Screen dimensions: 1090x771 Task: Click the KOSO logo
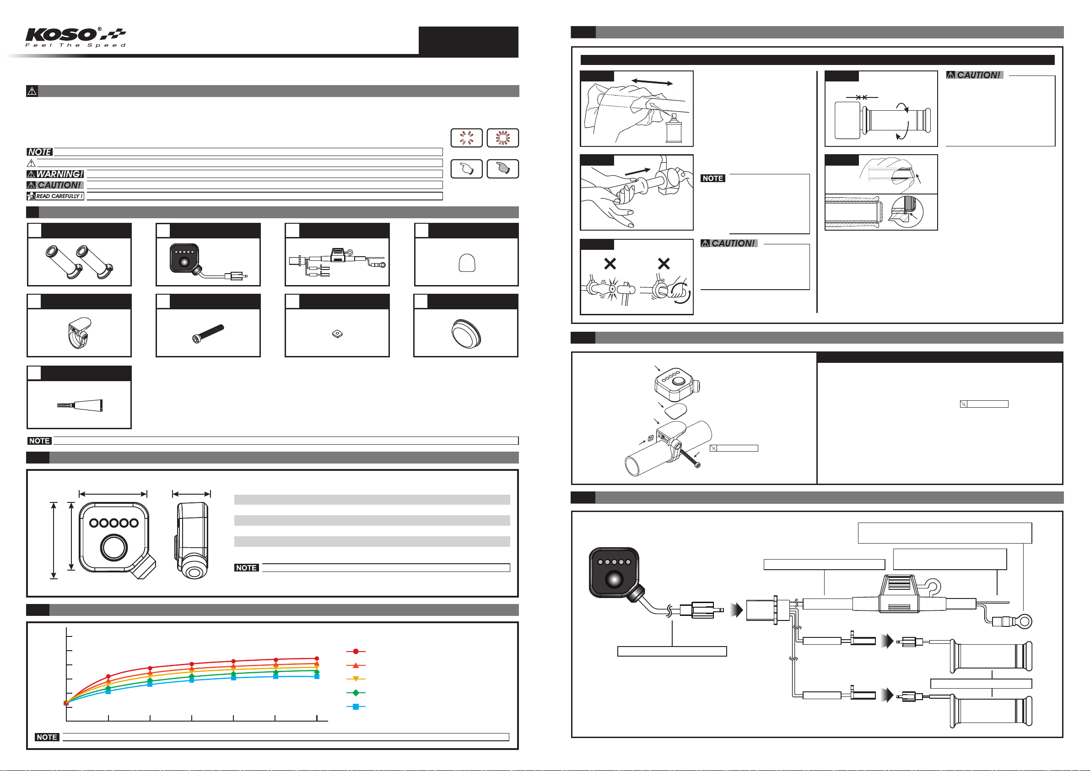[76, 37]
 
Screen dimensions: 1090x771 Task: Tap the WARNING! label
[55, 174]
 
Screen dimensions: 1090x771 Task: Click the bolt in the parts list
[208, 333]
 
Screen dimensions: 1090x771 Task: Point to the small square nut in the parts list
[337, 334]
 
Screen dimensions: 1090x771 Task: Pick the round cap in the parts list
[466, 333]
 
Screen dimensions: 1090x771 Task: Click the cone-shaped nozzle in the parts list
[80, 405]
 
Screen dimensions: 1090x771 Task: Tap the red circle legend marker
[356, 652]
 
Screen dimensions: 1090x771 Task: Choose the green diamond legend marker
[356, 693]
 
